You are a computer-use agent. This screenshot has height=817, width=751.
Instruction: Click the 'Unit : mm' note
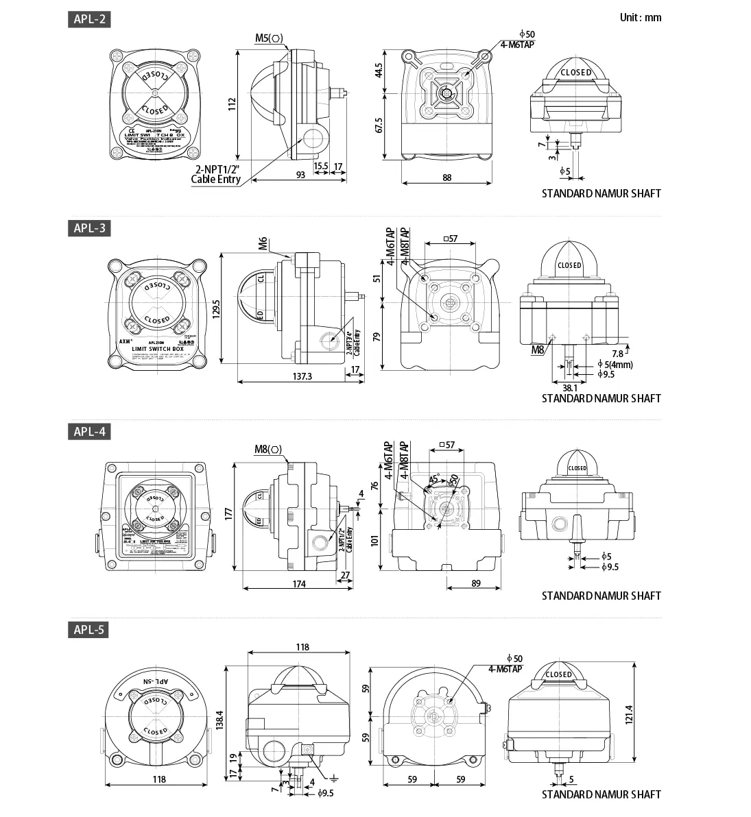click(640, 17)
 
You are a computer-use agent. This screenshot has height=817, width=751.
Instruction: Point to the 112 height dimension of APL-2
click(232, 104)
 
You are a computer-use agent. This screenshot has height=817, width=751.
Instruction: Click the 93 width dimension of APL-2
click(300, 175)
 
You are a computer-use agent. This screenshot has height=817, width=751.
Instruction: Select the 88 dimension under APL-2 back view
click(447, 178)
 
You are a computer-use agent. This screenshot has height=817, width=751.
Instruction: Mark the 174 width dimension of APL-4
click(299, 583)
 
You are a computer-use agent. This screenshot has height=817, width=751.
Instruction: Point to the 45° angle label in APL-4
click(433, 479)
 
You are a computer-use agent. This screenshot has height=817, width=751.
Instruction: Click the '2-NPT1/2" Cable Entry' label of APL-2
click(217, 174)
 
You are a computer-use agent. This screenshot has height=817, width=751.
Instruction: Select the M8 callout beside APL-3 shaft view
click(538, 350)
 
